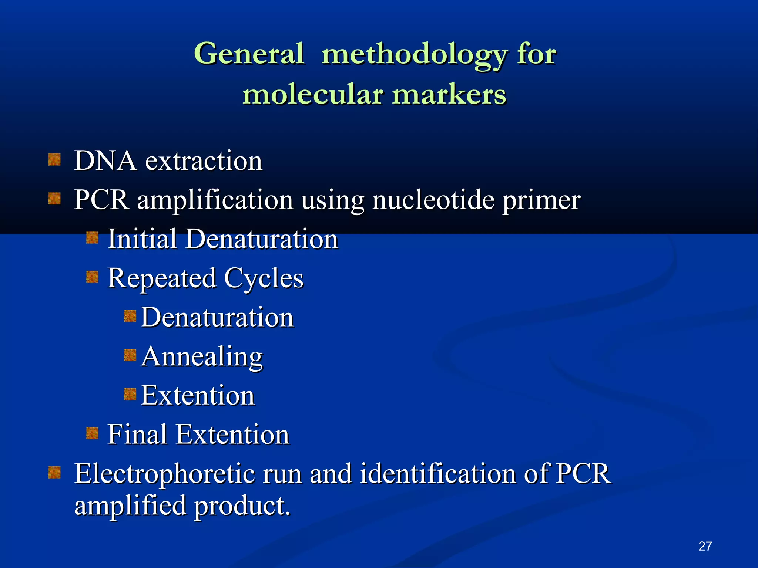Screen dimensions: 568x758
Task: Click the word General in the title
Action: click(249, 54)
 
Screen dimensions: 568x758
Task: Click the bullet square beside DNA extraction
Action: click(54, 160)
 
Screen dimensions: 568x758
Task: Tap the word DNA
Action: click(105, 161)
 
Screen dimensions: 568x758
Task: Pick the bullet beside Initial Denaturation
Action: click(92, 238)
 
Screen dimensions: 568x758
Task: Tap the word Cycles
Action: click(264, 279)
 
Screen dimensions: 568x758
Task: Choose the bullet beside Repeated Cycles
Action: click(92, 277)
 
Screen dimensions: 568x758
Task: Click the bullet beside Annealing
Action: click(130, 355)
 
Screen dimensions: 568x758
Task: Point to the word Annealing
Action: click(202, 357)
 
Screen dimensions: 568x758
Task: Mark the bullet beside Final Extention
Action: click(92, 433)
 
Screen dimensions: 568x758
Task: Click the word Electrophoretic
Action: click(165, 474)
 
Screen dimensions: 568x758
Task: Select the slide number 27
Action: click(705, 546)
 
